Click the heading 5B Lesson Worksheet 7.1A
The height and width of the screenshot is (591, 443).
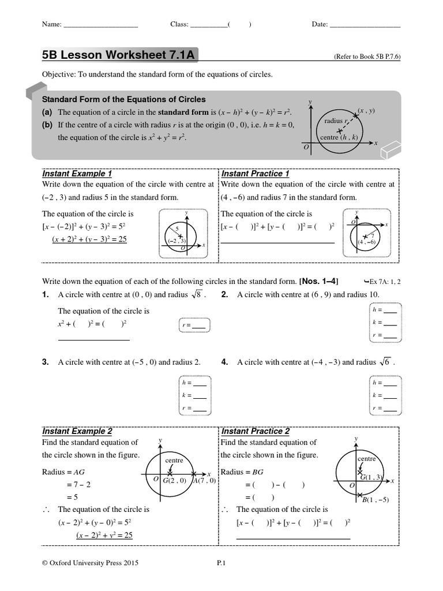point(119,55)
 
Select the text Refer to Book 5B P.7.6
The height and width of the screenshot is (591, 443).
point(367,57)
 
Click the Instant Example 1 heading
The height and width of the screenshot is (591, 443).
point(77,174)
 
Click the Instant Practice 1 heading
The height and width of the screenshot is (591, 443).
point(255,174)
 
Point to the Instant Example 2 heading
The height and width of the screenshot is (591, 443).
point(77,431)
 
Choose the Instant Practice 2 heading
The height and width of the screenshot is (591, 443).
point(255,431)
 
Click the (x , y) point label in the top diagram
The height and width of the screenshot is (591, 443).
point(366,110)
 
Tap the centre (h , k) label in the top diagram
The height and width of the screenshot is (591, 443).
point(339,137)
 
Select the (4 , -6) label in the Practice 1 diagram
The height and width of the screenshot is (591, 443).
point(366,242)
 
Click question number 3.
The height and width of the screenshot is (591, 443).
point(45,362)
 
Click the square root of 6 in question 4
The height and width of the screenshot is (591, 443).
point(385,362)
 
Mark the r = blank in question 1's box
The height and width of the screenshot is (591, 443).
point(198,326)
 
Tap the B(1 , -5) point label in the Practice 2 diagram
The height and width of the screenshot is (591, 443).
point(375,499)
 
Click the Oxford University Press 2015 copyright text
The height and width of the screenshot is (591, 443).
point(91,563)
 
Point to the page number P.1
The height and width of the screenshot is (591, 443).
point(220,563)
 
